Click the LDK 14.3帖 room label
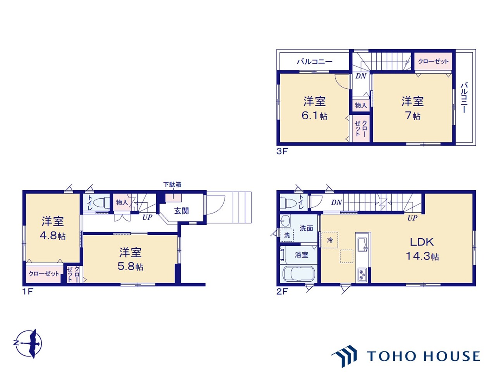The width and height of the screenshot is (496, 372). pyautogui.click(x=422, y=249)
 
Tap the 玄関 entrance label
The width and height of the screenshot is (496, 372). pyautogui.click(x=181, y=211)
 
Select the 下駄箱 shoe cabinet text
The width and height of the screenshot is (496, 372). pyautogui.click(x=172, y=184)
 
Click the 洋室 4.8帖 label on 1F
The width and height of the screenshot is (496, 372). pyautogui.click(x=53, y=228)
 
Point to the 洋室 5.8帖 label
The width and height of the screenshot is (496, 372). pyautogui.click(x=130, y=259)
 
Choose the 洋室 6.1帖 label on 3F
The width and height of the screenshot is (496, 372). pyautogui.click(x=314, y=108)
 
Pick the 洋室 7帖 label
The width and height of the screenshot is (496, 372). pyautogui.click(x=413, y=108)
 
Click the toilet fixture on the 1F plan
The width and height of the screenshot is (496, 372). pyautogui.click(x=101, y=202)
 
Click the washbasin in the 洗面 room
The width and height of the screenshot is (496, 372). pyautogui.click(x=286, y=221)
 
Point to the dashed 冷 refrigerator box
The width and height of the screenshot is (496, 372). pyautogui.click(x=330, y=240)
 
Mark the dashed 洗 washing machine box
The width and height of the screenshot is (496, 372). pyautogui.click(x=287, y=235)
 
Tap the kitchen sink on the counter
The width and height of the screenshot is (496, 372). pyautogui.click(x=363, y=245)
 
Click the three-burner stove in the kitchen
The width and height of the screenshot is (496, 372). pyautogui.click(x=362, y=274)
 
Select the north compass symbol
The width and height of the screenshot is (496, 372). pyautogui.click(x=28, y=344)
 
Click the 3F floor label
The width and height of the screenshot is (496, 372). pyautogui.click(x=282, y=151)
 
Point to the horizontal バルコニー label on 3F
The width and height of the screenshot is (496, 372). pyautogui.click(x=315, y=62)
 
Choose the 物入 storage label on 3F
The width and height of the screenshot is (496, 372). pyautogui.click(x=361, y=105)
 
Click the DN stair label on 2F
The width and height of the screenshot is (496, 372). pyautogui.click(x=336, y=203)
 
